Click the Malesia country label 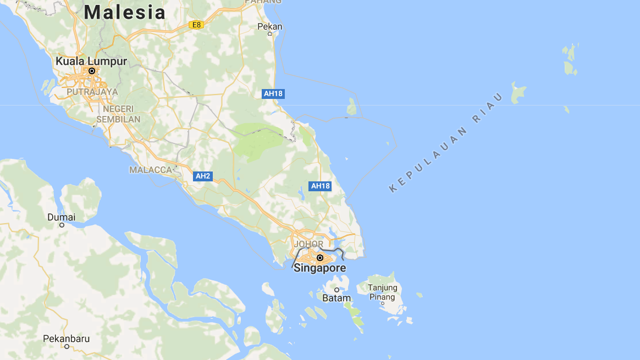pos(125,12)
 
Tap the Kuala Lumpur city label pos(91,61)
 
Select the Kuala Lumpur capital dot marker pos(92,71)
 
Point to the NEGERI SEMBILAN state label pos(118,114)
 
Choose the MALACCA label pos(151,170)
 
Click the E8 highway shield pos(196,25)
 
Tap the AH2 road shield pos(203,176)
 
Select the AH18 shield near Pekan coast pos(273,93)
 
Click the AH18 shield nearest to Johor pos(320,186)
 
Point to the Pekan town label pos(269,26)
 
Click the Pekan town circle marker pos(269,34)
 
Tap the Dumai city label pos(62,217)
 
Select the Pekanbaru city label pos(67,339)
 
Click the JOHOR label pos(308,244)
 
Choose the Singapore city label pos(320,268)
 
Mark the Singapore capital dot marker pos(319,257)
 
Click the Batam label pos(336,298)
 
